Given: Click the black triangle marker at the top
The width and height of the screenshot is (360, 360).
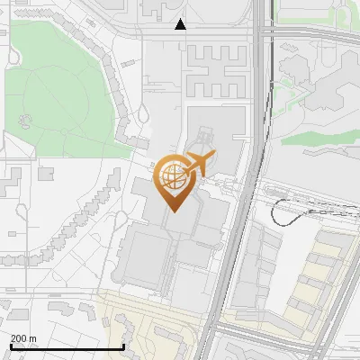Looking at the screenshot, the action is point(181,24).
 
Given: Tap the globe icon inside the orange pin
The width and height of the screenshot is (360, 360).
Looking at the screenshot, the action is point(172,176).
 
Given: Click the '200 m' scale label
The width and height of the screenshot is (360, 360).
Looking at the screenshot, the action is point(23,338).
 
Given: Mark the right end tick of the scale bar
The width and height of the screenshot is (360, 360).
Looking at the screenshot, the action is point(123,346).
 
